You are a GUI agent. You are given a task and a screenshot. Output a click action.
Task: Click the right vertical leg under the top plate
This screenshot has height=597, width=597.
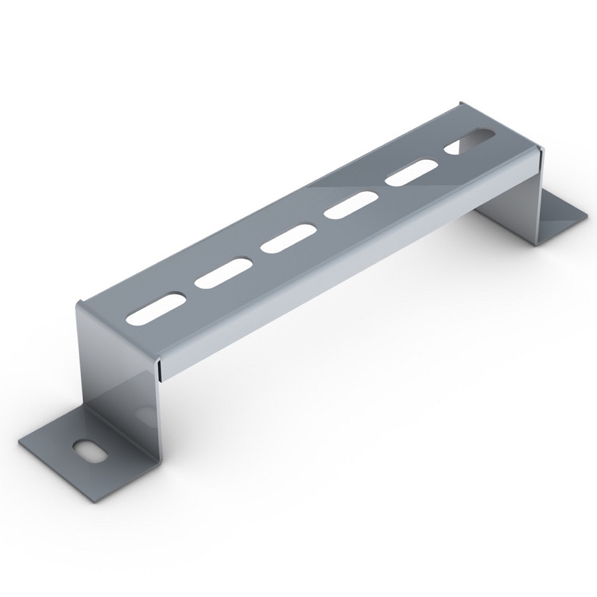pos(511,192)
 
